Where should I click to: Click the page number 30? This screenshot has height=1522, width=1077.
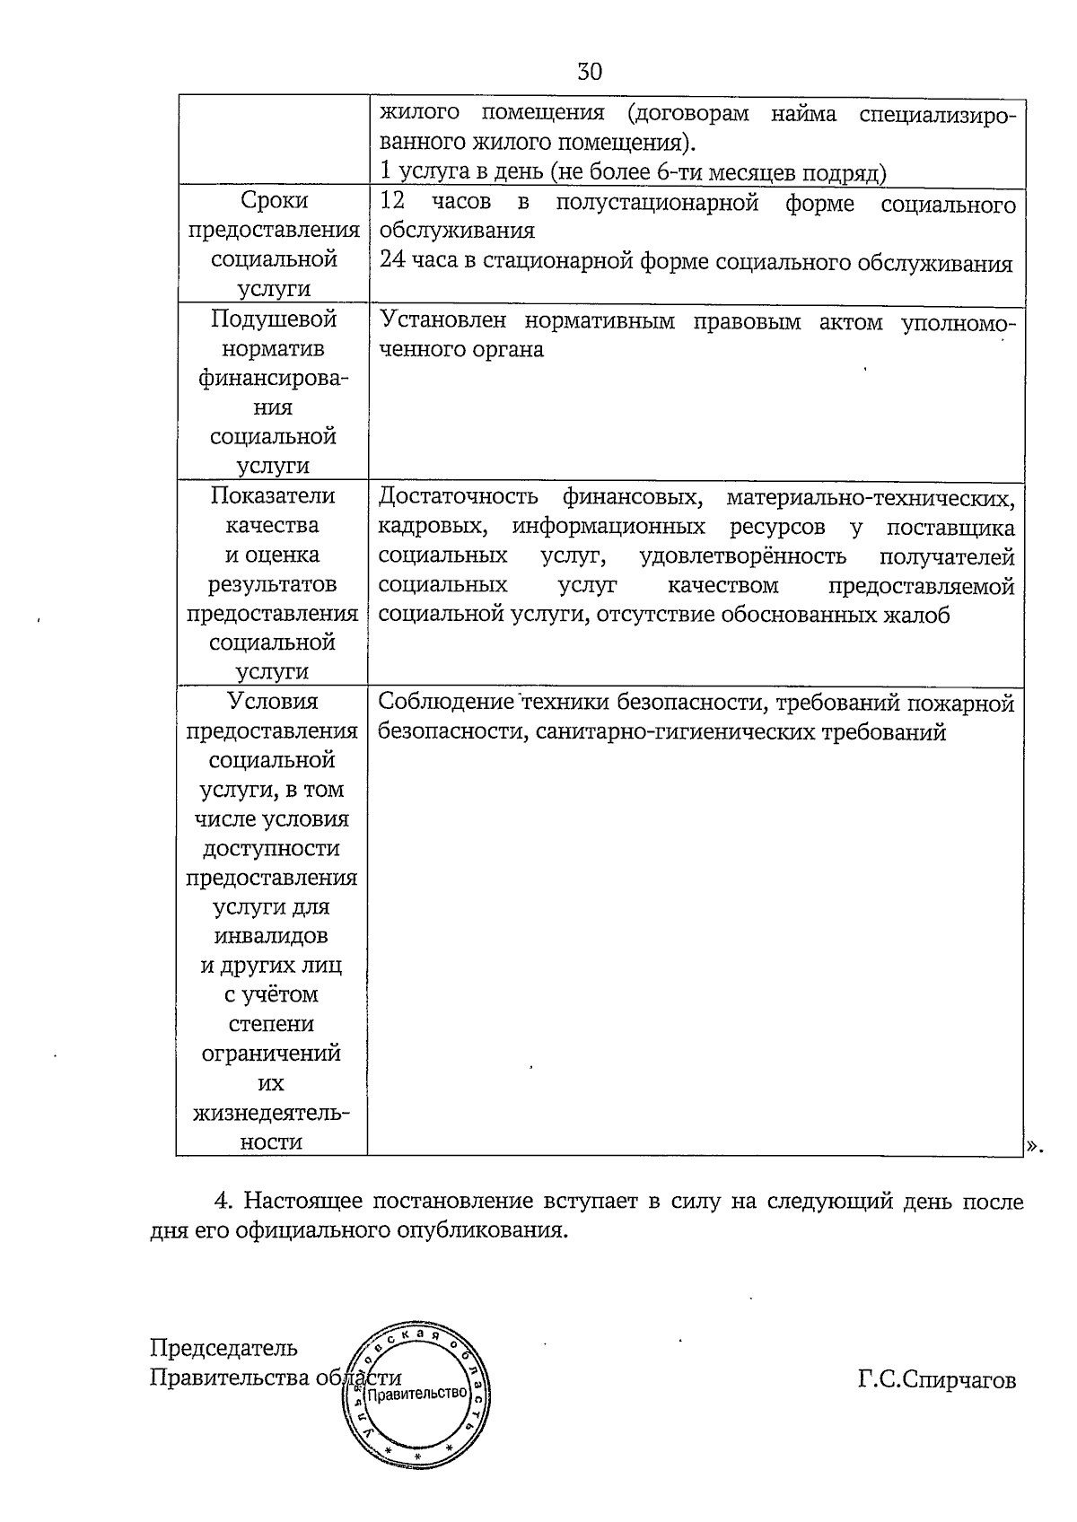click(x=590, y=72)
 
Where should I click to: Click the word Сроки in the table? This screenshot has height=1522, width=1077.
click(x=274, y=201)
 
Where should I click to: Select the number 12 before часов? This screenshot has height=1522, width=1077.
click(x=392, y=202)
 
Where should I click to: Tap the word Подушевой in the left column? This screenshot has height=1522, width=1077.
click(x=274, y=319)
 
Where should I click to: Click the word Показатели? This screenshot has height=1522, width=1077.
click(x=273, y=496)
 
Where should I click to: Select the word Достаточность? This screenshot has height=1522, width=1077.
click(x=458, y=496)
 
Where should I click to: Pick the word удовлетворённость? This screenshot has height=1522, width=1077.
click(x=743, y=556)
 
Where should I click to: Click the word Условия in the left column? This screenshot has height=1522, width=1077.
click(x=273, y=702)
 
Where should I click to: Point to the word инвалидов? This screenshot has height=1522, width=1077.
click(x=272, y=936)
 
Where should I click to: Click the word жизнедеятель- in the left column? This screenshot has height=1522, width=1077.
click(x=272, y=1114)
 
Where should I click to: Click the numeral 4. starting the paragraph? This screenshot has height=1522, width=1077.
click(x=223, y=1201)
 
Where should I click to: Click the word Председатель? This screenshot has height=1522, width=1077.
click(x=223, y=1348)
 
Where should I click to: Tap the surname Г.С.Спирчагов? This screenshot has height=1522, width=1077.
click(x=937, y=1380)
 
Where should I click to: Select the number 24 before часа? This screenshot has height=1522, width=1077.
click(x=392, y=261)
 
